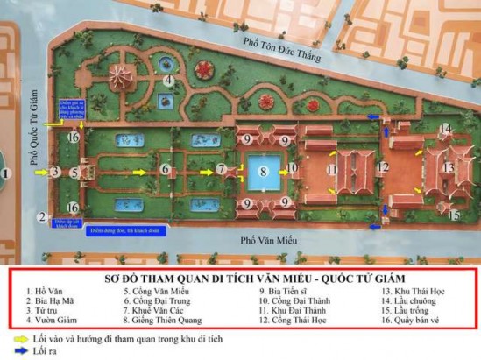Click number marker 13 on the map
449,167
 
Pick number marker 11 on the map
332,168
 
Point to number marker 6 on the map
165,169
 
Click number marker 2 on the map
41,216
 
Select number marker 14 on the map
445,129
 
